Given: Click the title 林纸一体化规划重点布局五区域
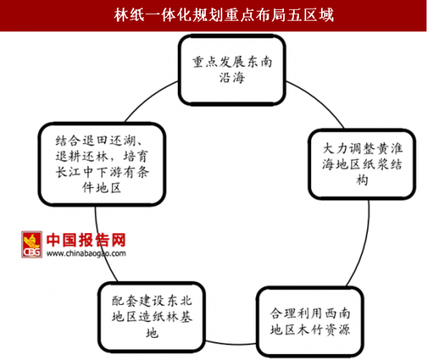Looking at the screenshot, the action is (x=224, y=15).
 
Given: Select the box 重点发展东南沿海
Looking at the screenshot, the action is (x=232, y=70).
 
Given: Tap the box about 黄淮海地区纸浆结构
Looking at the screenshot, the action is (x=362, y=164).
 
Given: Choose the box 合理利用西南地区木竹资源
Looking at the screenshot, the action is (x=310, y=321).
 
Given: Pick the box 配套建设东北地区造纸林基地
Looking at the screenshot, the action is (x=151, y=317).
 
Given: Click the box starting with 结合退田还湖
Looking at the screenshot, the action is (x=102, y=164).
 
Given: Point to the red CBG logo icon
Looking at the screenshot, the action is (x=32, y=245).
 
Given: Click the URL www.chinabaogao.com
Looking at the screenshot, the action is (x=86, y=253).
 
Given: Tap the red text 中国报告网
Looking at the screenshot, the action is (x=86, y=240).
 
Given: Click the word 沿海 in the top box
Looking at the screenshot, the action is (x=232, y=77).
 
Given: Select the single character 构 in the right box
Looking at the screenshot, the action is (x=362, y=180).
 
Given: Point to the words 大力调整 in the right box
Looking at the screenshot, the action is (x=348, y=148).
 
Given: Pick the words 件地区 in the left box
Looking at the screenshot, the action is (x=102, y=188).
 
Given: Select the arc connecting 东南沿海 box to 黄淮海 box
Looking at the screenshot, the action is (x=319, y=101).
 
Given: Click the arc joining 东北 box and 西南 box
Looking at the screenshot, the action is (x=231, y=344).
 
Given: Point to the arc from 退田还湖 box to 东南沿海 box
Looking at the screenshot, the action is (x=150, y=97).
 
